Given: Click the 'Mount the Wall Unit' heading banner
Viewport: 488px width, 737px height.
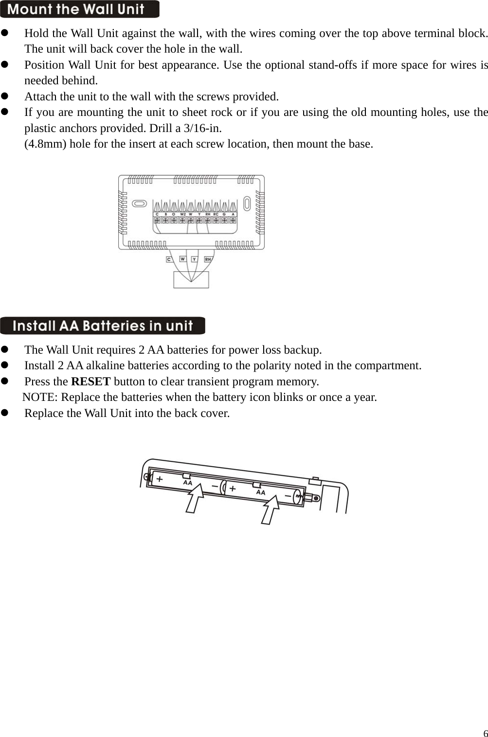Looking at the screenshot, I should [79, 9].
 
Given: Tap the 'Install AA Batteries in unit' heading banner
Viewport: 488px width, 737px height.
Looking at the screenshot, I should [102, 325].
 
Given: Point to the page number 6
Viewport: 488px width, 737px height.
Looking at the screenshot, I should [485, 733].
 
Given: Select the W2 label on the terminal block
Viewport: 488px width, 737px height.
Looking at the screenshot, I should [182, 214].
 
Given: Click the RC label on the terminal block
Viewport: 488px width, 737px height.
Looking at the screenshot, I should [216, 214].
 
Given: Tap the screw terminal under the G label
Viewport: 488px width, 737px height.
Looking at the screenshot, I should [224, 220].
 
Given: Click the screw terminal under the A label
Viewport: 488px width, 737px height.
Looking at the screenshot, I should [233, 220].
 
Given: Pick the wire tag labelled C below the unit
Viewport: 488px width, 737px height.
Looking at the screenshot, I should [169, 259].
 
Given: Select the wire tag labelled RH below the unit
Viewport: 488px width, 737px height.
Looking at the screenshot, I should [208, 259].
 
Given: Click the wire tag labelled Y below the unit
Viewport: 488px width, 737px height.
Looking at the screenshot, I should [194, 259].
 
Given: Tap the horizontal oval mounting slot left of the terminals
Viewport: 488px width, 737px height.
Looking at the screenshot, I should [139, 203].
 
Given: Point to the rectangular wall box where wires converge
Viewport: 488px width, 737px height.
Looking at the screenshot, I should [191, 280].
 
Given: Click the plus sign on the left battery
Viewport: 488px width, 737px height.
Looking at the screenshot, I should [160, 479].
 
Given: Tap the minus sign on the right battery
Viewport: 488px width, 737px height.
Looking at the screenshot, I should [288, 496].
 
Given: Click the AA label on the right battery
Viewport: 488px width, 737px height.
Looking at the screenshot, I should [261, 492].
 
